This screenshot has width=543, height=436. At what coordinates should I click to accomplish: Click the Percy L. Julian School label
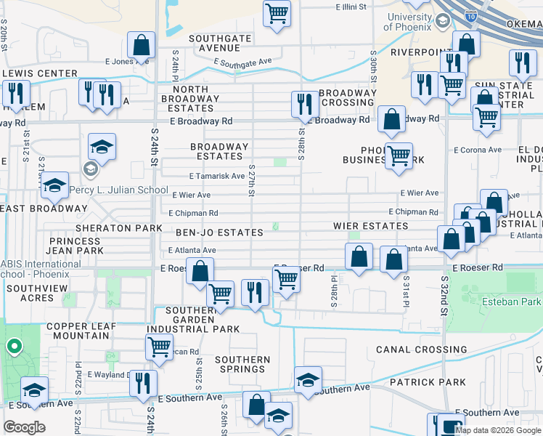[x=120, y=190]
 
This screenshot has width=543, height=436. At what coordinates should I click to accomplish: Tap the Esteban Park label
[x=510, y=301]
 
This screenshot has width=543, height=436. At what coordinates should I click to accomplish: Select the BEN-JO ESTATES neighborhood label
[x=219, y=233]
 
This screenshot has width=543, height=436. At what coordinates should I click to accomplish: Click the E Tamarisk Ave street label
[x=216, y=176]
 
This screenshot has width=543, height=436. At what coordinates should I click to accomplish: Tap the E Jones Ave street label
[x=131, y=62]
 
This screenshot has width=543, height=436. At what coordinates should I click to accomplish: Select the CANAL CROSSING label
[x=420, y=350]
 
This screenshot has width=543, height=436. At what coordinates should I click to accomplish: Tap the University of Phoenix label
[x=409, y=22]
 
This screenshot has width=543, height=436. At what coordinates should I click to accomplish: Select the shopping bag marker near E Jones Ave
[x=141, y=45]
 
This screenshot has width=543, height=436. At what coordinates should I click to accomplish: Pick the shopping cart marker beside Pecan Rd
[x=159, y=346]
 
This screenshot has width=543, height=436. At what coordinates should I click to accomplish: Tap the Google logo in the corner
[x=24, y=427]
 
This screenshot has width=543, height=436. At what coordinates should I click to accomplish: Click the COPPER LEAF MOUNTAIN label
[x=81, y=331]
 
